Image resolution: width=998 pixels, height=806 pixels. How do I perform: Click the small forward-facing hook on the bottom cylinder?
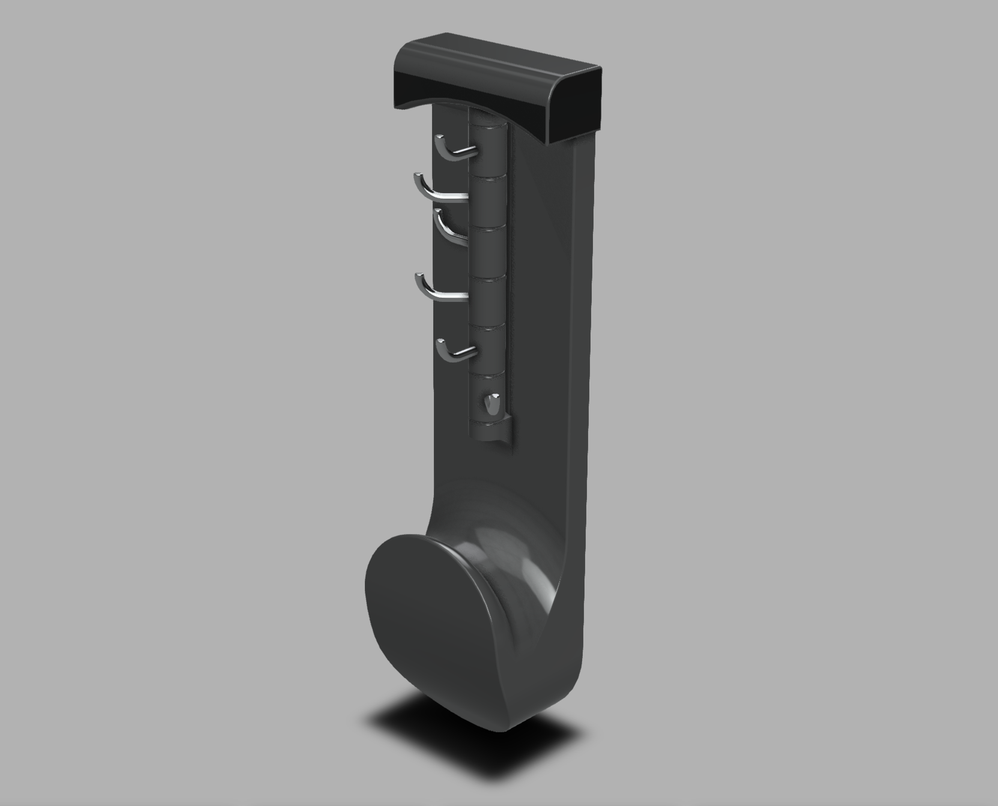click(493, 405)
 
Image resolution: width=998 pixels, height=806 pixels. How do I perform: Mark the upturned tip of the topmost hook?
click(437, 139)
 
